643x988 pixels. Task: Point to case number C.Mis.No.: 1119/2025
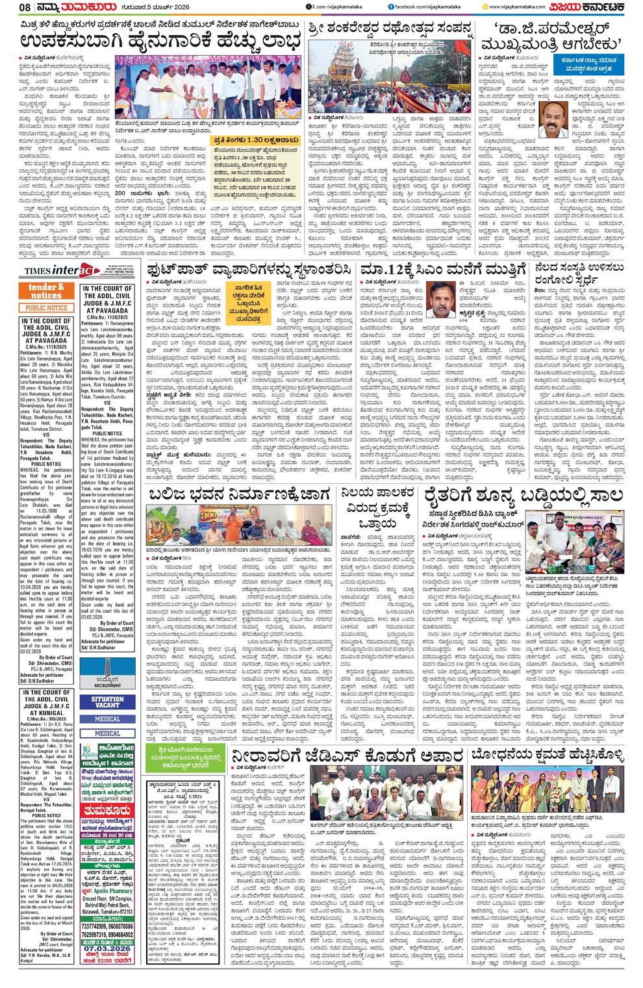(x=47, y=348)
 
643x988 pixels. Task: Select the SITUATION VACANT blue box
(x=108, y=702)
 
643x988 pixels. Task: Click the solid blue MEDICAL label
(x=108, y=719)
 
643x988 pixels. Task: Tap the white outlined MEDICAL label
(x=108, y=733)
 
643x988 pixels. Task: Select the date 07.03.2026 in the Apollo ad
(x=108, y=949)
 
